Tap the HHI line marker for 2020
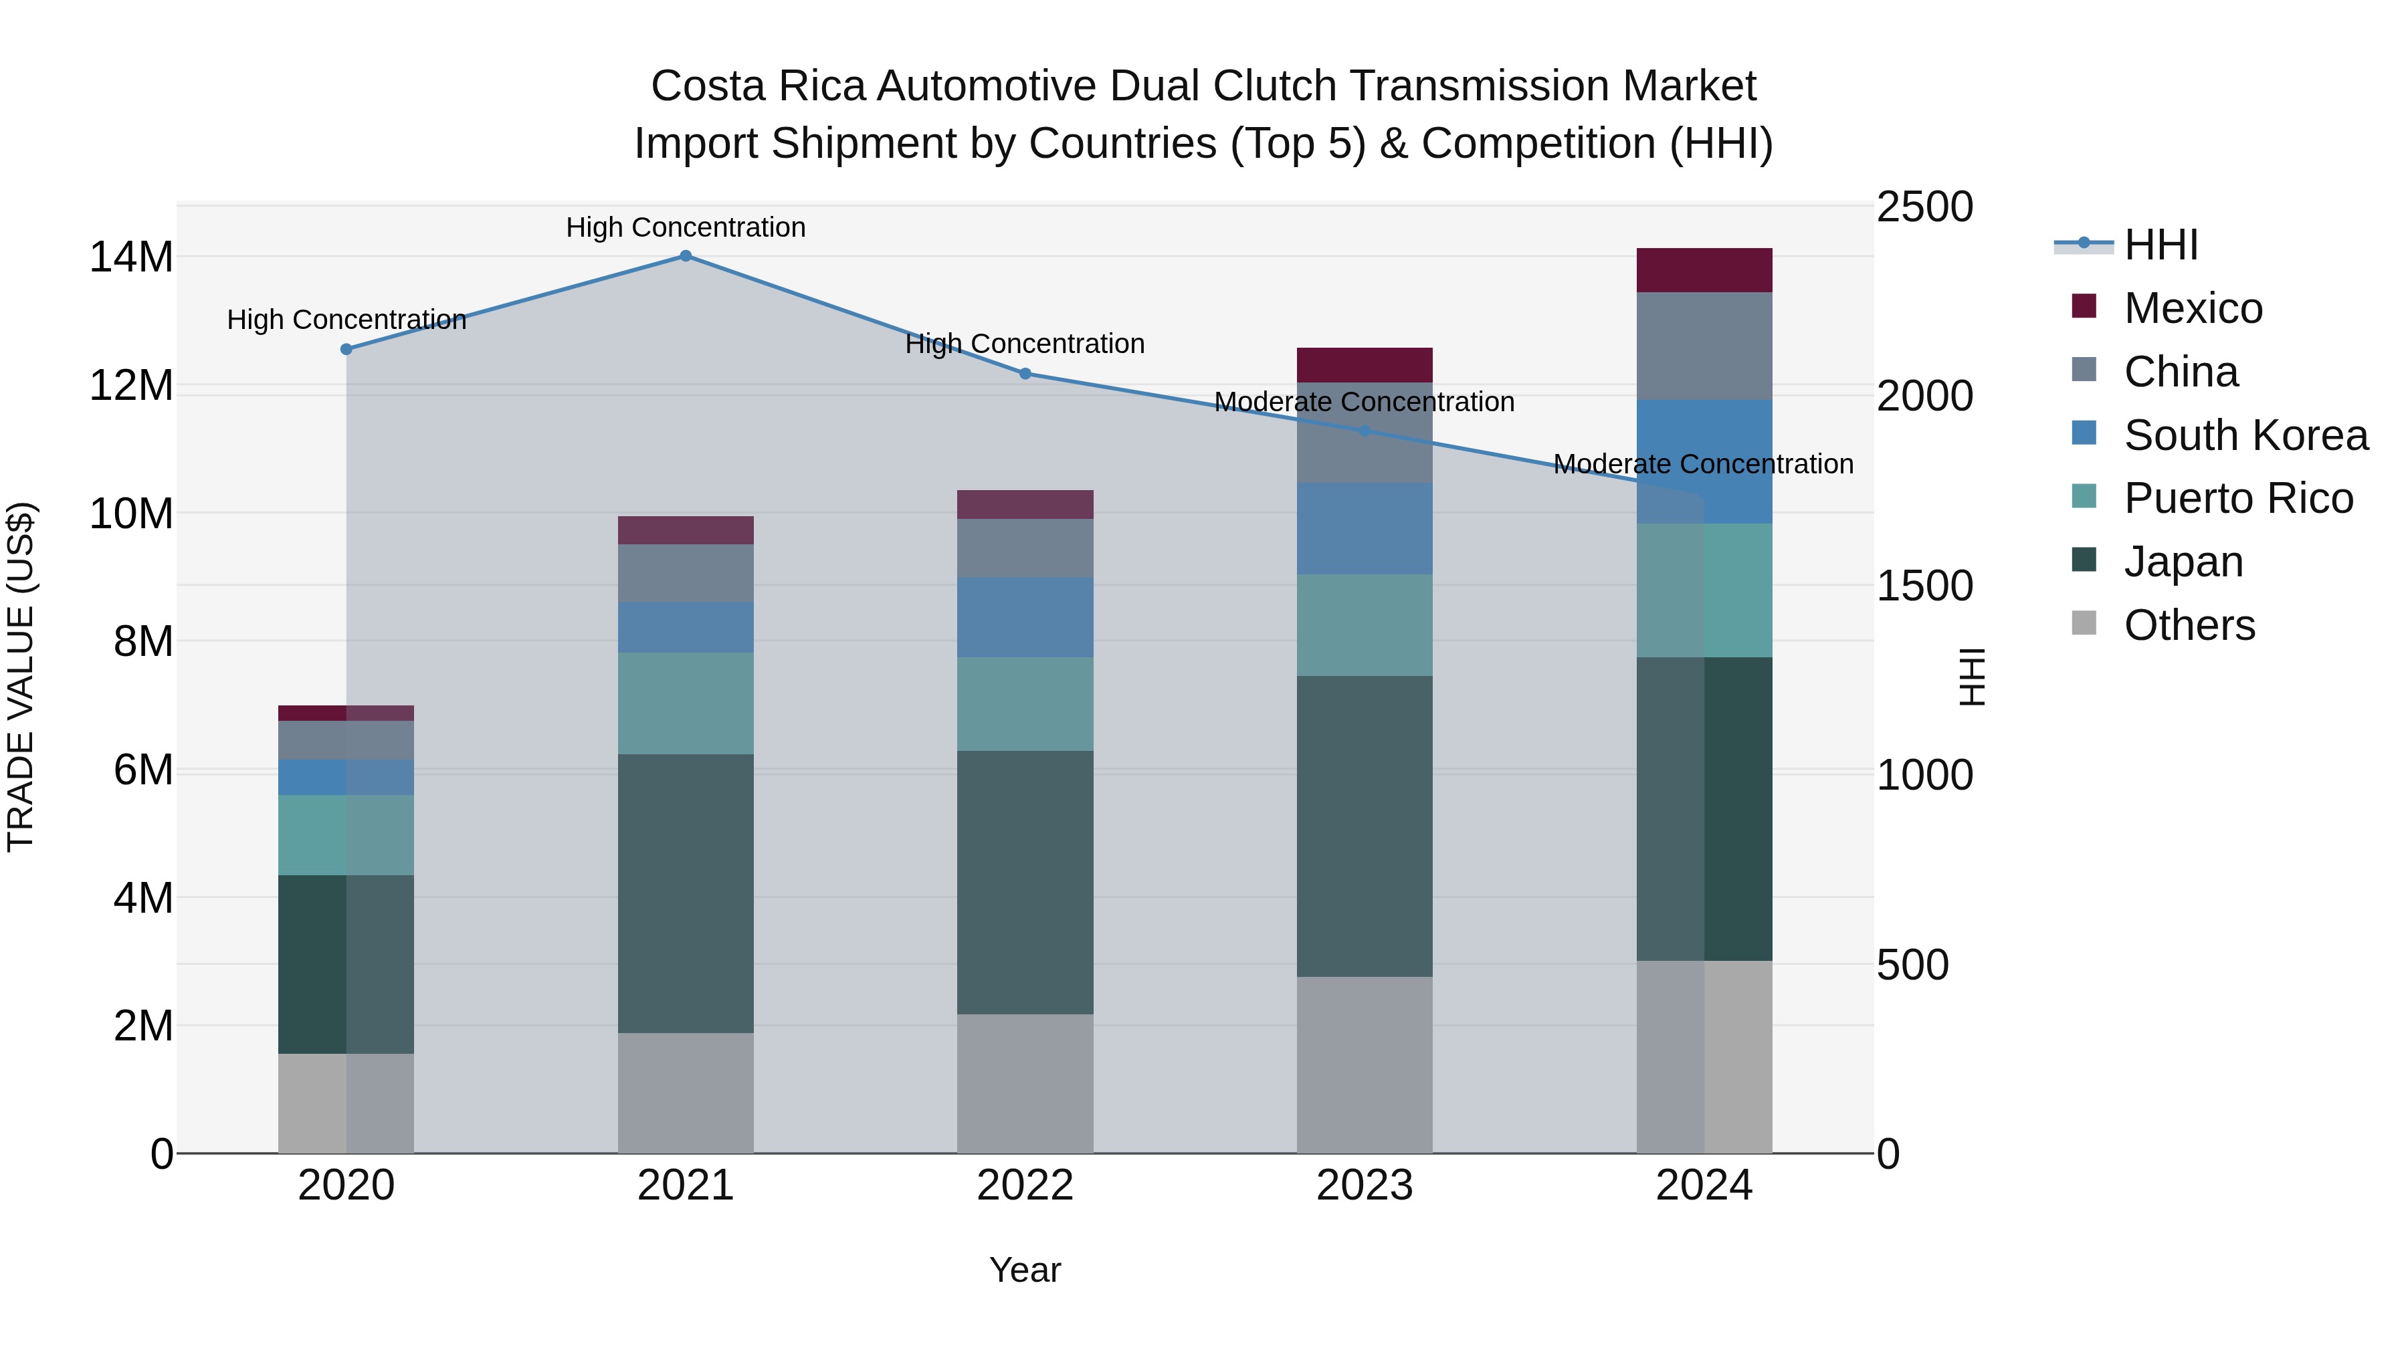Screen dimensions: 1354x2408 (x=346, y=350)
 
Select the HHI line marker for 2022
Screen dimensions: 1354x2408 (x=1025, y=374)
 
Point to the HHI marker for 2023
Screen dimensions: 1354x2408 (x=1364, y=431)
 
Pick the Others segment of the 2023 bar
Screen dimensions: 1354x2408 (x=1364, y=1064)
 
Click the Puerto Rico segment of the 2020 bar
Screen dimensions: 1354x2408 (x=346, y=834)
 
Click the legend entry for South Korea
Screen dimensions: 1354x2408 (x=2245, y=435)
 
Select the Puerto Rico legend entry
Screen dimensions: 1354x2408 (x=2238, y=498)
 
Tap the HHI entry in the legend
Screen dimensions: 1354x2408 (x=2161, y=245)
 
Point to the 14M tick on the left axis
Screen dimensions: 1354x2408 (x=131, y=257)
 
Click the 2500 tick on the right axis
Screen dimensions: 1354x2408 (x=1924, y=207)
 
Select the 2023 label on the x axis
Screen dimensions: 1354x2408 (x=1364, y=1186)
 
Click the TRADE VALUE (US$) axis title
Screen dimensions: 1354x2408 (x=21, y=677)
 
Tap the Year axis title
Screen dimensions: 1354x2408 (x=1025, y=1270)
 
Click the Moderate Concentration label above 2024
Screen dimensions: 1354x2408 (x=1702, y=465)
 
